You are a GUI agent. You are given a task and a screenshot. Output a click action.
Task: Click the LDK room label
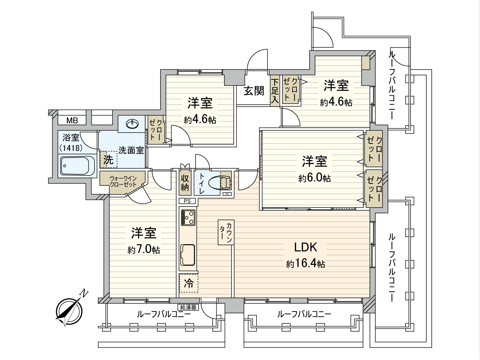305,248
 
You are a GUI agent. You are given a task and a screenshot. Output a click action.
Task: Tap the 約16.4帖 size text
305,264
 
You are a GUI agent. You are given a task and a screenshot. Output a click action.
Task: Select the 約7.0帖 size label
143,250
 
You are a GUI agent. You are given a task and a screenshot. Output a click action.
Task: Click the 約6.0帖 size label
314,178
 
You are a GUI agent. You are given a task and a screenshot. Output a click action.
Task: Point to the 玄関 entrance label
253,91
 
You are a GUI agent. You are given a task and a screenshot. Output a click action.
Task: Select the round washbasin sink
132,124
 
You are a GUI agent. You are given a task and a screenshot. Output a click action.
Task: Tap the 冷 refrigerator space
189,283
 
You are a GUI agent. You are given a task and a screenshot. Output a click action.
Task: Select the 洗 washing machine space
108,160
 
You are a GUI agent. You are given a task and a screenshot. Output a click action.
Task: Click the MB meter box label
72,121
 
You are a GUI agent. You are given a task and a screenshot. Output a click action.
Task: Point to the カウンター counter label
226,232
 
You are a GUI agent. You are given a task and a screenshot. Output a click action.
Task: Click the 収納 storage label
184,183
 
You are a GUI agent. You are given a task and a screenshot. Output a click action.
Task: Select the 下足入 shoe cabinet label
274,91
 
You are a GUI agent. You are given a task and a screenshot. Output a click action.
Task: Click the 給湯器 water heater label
188,307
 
